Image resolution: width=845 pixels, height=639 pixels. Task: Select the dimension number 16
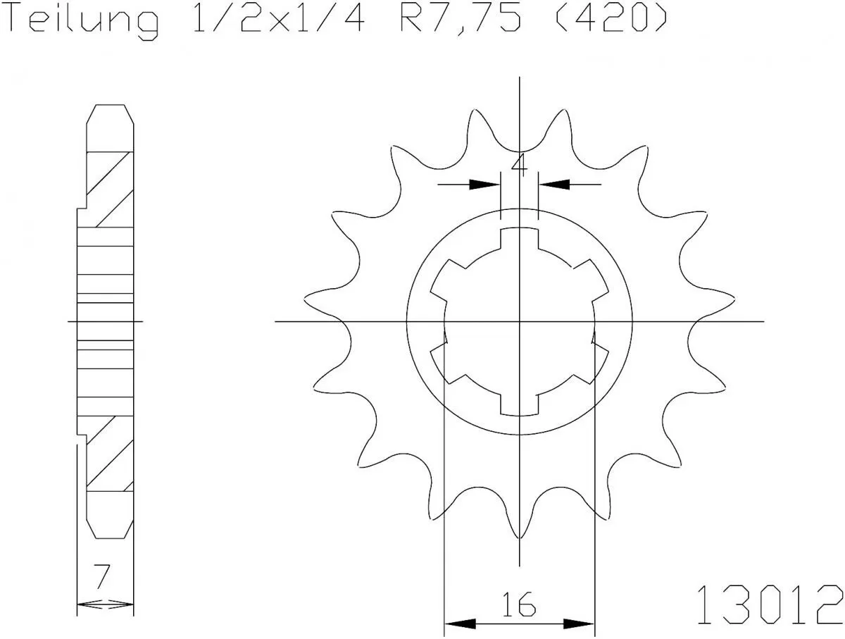point(519,603)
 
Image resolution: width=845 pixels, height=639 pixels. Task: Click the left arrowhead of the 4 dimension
point(484,185)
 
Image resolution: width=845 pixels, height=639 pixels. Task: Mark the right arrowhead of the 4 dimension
point(553,185)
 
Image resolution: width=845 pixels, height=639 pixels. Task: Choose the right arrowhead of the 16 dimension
point(580,624)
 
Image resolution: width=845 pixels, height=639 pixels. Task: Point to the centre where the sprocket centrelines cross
point(520,322)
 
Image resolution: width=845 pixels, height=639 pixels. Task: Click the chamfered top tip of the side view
point(109,113)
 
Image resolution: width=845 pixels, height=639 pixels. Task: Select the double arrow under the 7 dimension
point(104,604)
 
